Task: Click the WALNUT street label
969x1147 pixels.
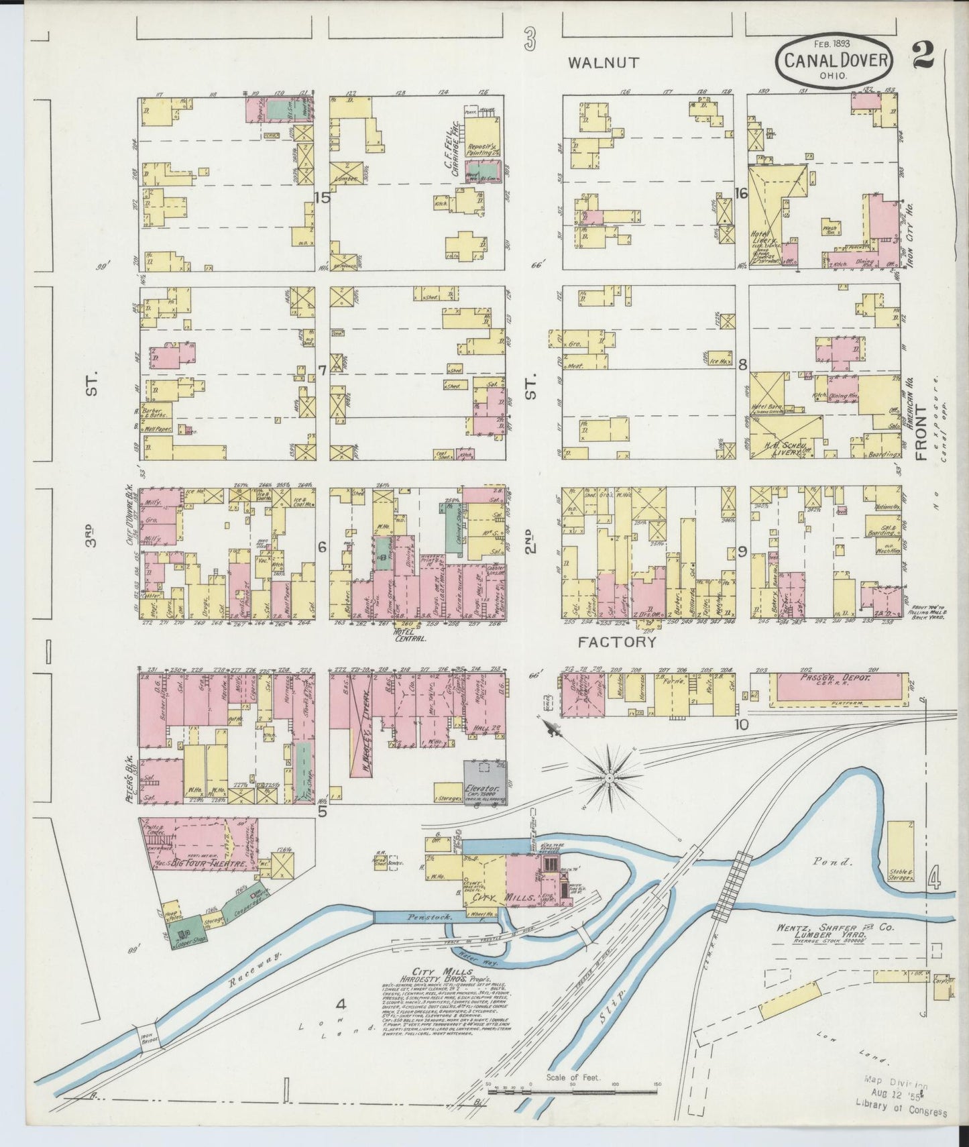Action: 604,63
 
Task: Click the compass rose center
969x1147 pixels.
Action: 610,778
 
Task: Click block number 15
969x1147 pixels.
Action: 323,198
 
